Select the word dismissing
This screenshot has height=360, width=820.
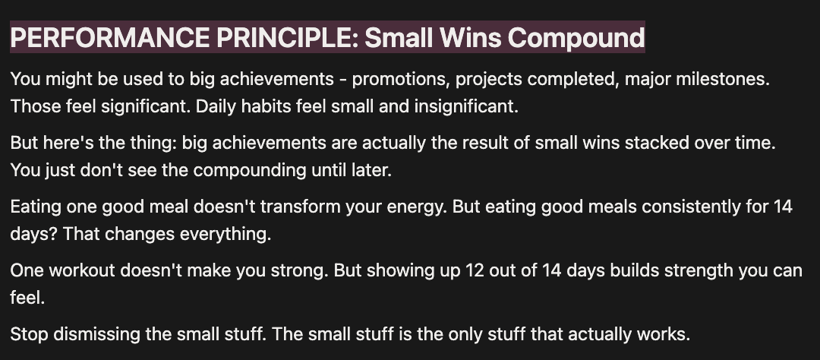point(94,334)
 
